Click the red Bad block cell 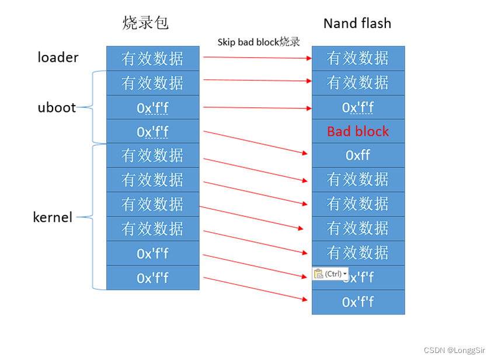357,131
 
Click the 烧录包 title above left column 145,23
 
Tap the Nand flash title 357,23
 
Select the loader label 58,57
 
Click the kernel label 53,217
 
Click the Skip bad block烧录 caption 258,41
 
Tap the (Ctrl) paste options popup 330,274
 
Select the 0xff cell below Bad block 357,155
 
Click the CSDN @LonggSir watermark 455,350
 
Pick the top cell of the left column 152,58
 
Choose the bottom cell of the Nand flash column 357,302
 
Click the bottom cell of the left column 152,278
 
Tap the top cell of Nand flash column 357,58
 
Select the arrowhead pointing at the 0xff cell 304,153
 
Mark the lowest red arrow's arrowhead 304,299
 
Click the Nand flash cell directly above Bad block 357,107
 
